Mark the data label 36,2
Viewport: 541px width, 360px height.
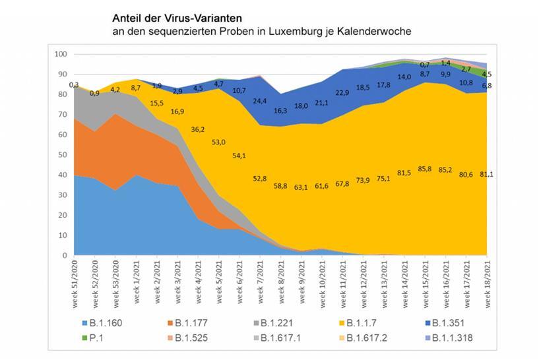coord(198,130)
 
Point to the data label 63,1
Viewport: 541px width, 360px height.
coord(302,187)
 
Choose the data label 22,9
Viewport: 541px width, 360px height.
coord(342,93)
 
